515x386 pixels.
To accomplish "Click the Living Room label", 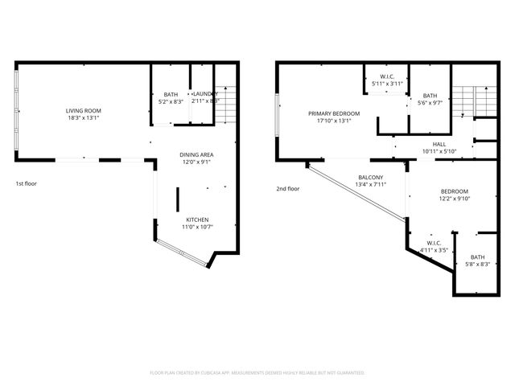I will coord(84,110).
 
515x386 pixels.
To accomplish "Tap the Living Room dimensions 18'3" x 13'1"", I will coord(84,118).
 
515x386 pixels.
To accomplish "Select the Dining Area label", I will coord(196,154).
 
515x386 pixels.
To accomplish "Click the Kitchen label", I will coord(198,220).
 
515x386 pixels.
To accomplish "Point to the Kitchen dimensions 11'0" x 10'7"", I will coord(198,228).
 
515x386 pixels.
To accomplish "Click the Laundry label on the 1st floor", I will coord(204,94).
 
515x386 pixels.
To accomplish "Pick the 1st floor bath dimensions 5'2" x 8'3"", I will coord(171,102).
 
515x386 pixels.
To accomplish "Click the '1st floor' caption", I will coord(26,183).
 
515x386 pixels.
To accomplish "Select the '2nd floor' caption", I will coord(286,189).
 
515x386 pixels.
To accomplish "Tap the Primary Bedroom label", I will coord(334,113).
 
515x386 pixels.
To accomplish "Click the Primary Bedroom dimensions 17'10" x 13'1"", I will coord(334,121).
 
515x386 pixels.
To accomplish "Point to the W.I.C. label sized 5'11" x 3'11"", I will coord(386,76).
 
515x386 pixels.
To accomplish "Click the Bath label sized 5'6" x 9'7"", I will coord(430,95).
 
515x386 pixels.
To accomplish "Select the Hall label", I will coord(439,143).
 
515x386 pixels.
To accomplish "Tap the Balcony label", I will coord(371,177).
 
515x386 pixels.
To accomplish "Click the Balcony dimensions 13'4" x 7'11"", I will coord(371,185).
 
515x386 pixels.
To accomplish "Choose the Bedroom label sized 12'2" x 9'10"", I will coord(455,191).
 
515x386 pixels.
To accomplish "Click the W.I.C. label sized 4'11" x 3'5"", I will coord(435,243).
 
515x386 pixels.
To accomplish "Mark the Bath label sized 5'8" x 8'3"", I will coord(478,257).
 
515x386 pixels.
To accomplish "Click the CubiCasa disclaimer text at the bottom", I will coord(257,373).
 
